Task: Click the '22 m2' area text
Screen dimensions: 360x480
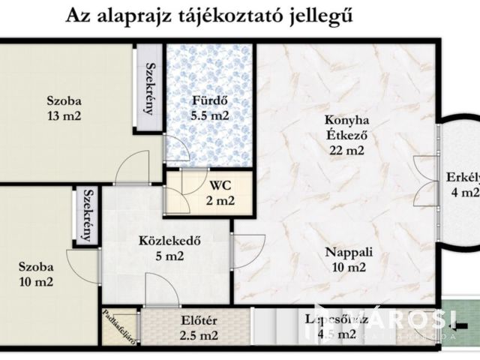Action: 346,149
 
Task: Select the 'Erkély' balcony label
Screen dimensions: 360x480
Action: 463,178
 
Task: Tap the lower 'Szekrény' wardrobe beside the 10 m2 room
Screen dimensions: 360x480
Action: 87,214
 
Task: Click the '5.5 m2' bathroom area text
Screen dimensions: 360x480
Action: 209,116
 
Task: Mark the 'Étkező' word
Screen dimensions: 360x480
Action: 346,135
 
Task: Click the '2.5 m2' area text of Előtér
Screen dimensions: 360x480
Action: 199,335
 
